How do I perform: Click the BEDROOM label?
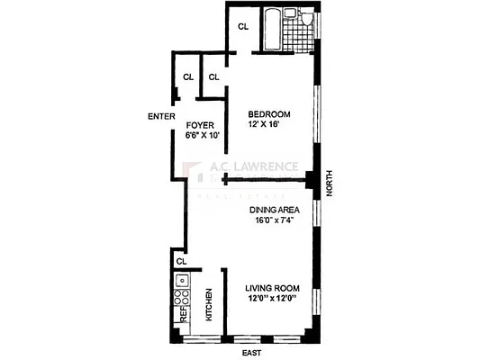(269, 113)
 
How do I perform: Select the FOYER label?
(198, 124)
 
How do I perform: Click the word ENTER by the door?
(160, 116)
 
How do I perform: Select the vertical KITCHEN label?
(209, 306)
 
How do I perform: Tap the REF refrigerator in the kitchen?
(182, 315)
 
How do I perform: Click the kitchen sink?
(183, 280)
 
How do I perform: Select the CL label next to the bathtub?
(243, 27)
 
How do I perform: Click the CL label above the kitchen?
(181, 261)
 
